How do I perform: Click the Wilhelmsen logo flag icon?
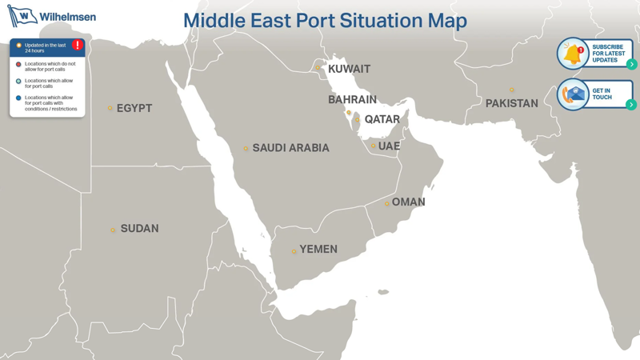click(x=22, y=16)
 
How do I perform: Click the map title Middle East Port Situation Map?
click(x=325, y=21)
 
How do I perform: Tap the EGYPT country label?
click(x=134, y=108)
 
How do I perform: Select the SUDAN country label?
click(x=139, y=229)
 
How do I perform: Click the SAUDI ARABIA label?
click(x=290, y=148)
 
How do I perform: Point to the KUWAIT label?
click(x=349, y=70)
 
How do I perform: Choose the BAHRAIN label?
click(x=352, y=100)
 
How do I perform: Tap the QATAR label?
click(x=382, y=119)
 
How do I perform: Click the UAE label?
click(x=389, y=146)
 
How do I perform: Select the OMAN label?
click(x=408, y=202)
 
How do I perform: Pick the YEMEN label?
click(x=318, y=250)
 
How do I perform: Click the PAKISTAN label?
click(x=511, y=104)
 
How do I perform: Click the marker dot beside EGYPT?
click(x=110, y=109)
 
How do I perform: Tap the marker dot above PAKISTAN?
click(x=512, y=90)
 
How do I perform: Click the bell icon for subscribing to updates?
click(x=573, y=54)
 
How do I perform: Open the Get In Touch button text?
click(x=602, y=94)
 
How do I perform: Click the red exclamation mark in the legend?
click(x=78, y=46)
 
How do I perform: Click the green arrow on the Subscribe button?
click(x=631, y=64)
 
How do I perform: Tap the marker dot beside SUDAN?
click(x=113, y=230)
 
